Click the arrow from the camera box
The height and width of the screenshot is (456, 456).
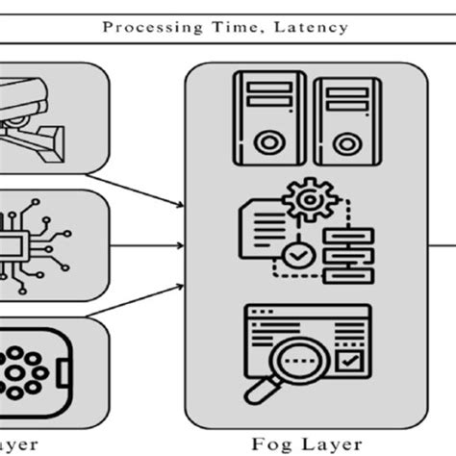point(144,188)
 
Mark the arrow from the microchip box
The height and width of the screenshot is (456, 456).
point(144,245)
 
